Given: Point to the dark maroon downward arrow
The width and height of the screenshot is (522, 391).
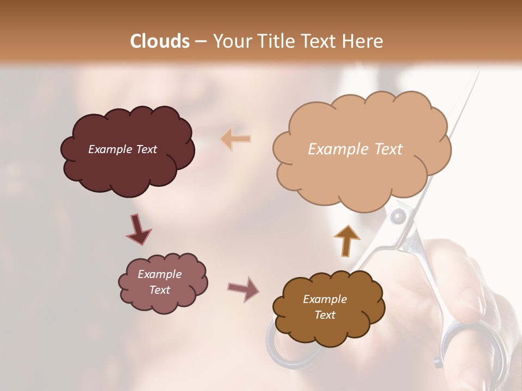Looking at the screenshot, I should point(138,229).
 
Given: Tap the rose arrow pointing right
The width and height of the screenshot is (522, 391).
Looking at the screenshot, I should point(244,289).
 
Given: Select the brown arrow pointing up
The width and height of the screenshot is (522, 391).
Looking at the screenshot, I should point(346,239).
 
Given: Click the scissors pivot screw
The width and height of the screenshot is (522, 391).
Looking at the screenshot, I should point(399,218).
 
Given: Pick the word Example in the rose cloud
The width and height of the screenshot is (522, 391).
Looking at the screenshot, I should point(159,274).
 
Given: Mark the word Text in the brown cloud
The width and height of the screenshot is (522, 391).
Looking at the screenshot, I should point(325,315).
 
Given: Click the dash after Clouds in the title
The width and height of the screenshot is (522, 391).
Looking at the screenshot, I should point(200,41).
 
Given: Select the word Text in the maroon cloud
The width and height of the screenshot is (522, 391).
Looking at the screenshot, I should point(146,149).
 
